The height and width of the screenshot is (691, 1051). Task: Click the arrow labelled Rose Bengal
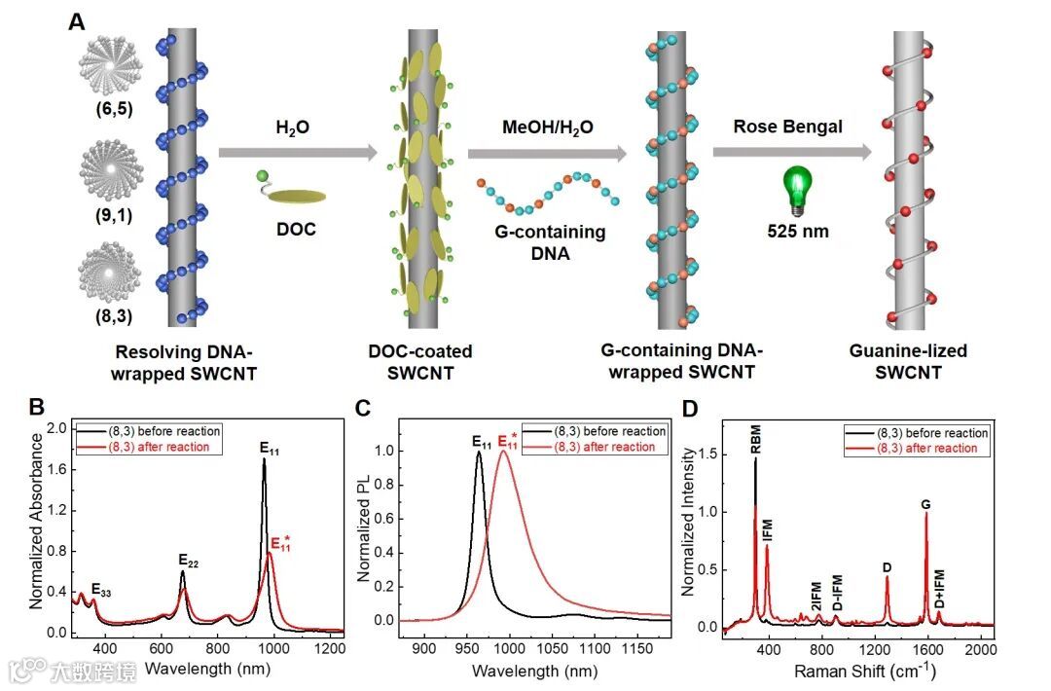[x=791, y=152]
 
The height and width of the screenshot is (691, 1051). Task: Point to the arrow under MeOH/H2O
[x=547, y=153]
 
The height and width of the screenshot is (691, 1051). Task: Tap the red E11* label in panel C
[x=509, y=443]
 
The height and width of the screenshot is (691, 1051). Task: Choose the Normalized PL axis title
[x=366, y=527]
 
